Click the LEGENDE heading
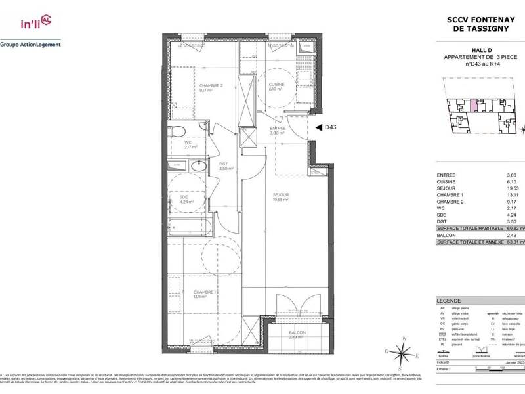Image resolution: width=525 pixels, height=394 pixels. click(449, 300)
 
